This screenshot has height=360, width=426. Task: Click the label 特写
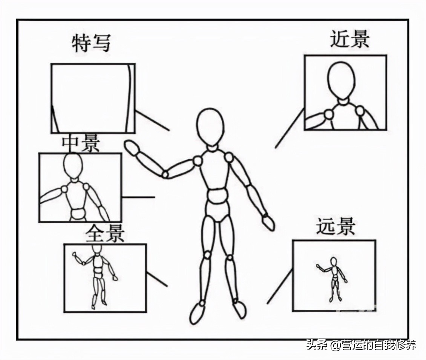[91, 43]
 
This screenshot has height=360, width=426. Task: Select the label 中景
[81, 143]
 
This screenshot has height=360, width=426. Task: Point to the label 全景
[105, 234]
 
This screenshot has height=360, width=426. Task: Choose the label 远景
[336, 226]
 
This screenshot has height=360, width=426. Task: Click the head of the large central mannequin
[210, 126]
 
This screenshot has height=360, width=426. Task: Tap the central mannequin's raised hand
[132, 148]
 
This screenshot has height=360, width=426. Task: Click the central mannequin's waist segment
[217, 197]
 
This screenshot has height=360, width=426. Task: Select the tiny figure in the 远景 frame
[333, 278]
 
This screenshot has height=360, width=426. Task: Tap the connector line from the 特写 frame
[152, 121]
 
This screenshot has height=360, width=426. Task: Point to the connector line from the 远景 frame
[279, 287]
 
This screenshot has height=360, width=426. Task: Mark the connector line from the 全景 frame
[156, 279]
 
